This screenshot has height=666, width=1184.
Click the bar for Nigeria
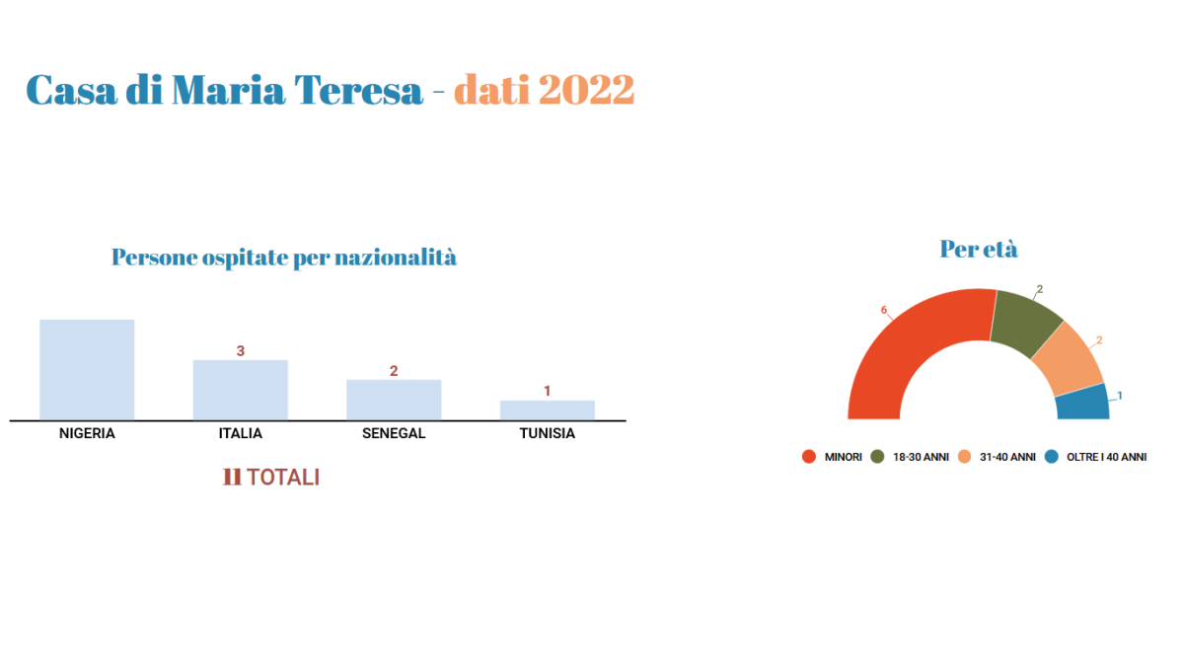(87, 370)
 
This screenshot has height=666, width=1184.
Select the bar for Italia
(241, 390)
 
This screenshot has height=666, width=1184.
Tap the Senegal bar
(394, 401)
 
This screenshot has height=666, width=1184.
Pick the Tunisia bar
(547, 410)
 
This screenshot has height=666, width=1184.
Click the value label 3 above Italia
(241, 351)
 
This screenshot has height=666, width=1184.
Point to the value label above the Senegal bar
(394, 371)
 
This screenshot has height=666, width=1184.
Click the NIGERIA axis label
(87, 433)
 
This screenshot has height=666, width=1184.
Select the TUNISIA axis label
(547, 433)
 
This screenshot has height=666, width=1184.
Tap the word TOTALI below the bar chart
(283, 478)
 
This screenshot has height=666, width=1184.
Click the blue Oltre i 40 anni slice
(1083, 403)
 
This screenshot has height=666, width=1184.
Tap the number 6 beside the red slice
(884, 310)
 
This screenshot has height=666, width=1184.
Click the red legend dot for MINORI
(809, 457)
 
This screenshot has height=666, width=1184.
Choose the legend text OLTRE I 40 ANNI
(1106, 457)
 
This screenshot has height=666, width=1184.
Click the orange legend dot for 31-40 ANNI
(965, 457)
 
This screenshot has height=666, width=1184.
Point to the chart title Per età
(979, 249)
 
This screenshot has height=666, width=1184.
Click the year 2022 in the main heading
(587, 90)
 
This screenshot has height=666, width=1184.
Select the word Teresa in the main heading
(359, 90)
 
